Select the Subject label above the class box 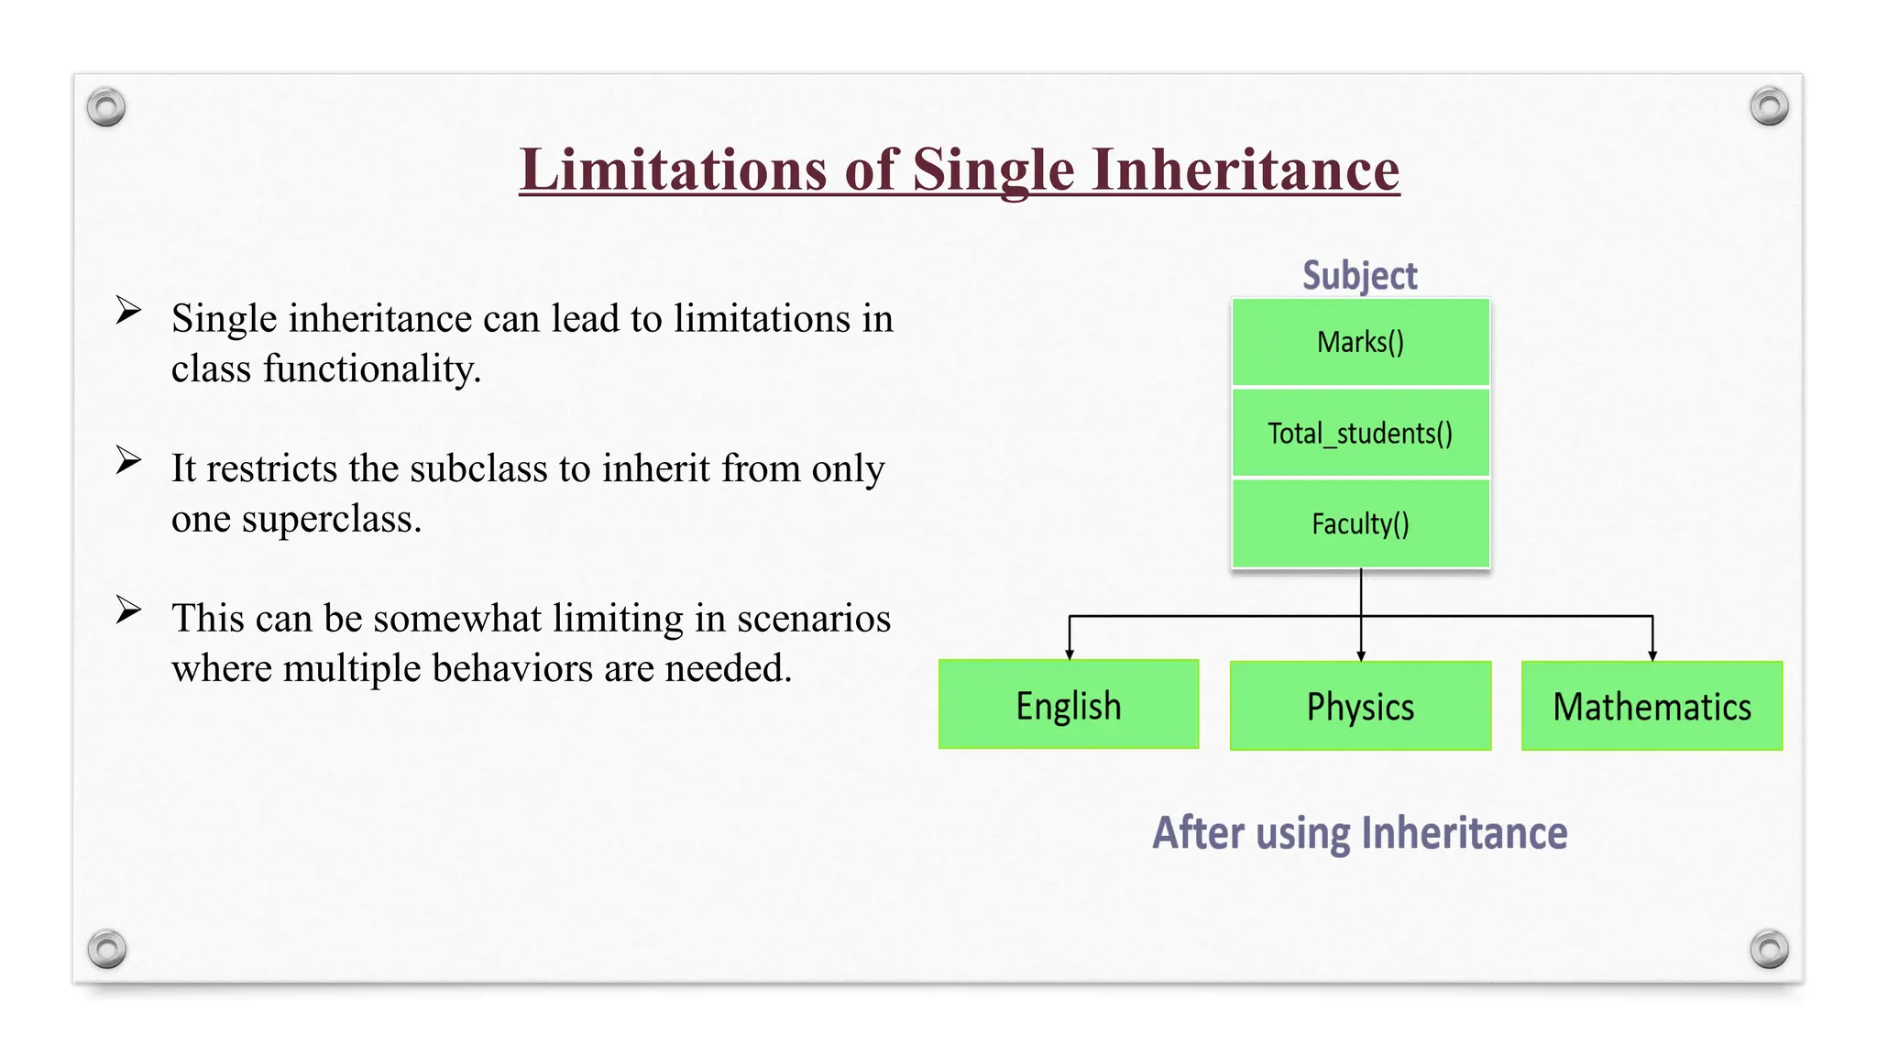(1359, 275)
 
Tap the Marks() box (1360, 342)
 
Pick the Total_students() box (1360, 433)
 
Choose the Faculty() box (1360, 523)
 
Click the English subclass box (1069, 705)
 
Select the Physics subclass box (1360, 706)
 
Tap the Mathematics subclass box (1652, 706)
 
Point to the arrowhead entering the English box (1070, 654)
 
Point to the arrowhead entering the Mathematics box (1652, 654)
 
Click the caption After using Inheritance (1359, 832)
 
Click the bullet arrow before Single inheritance (128, 311)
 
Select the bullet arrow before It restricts (128, 460)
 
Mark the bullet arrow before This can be (128, 610)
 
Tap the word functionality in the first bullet (371, 369)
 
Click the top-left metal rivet (106, 107)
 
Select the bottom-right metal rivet (1769, 949)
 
